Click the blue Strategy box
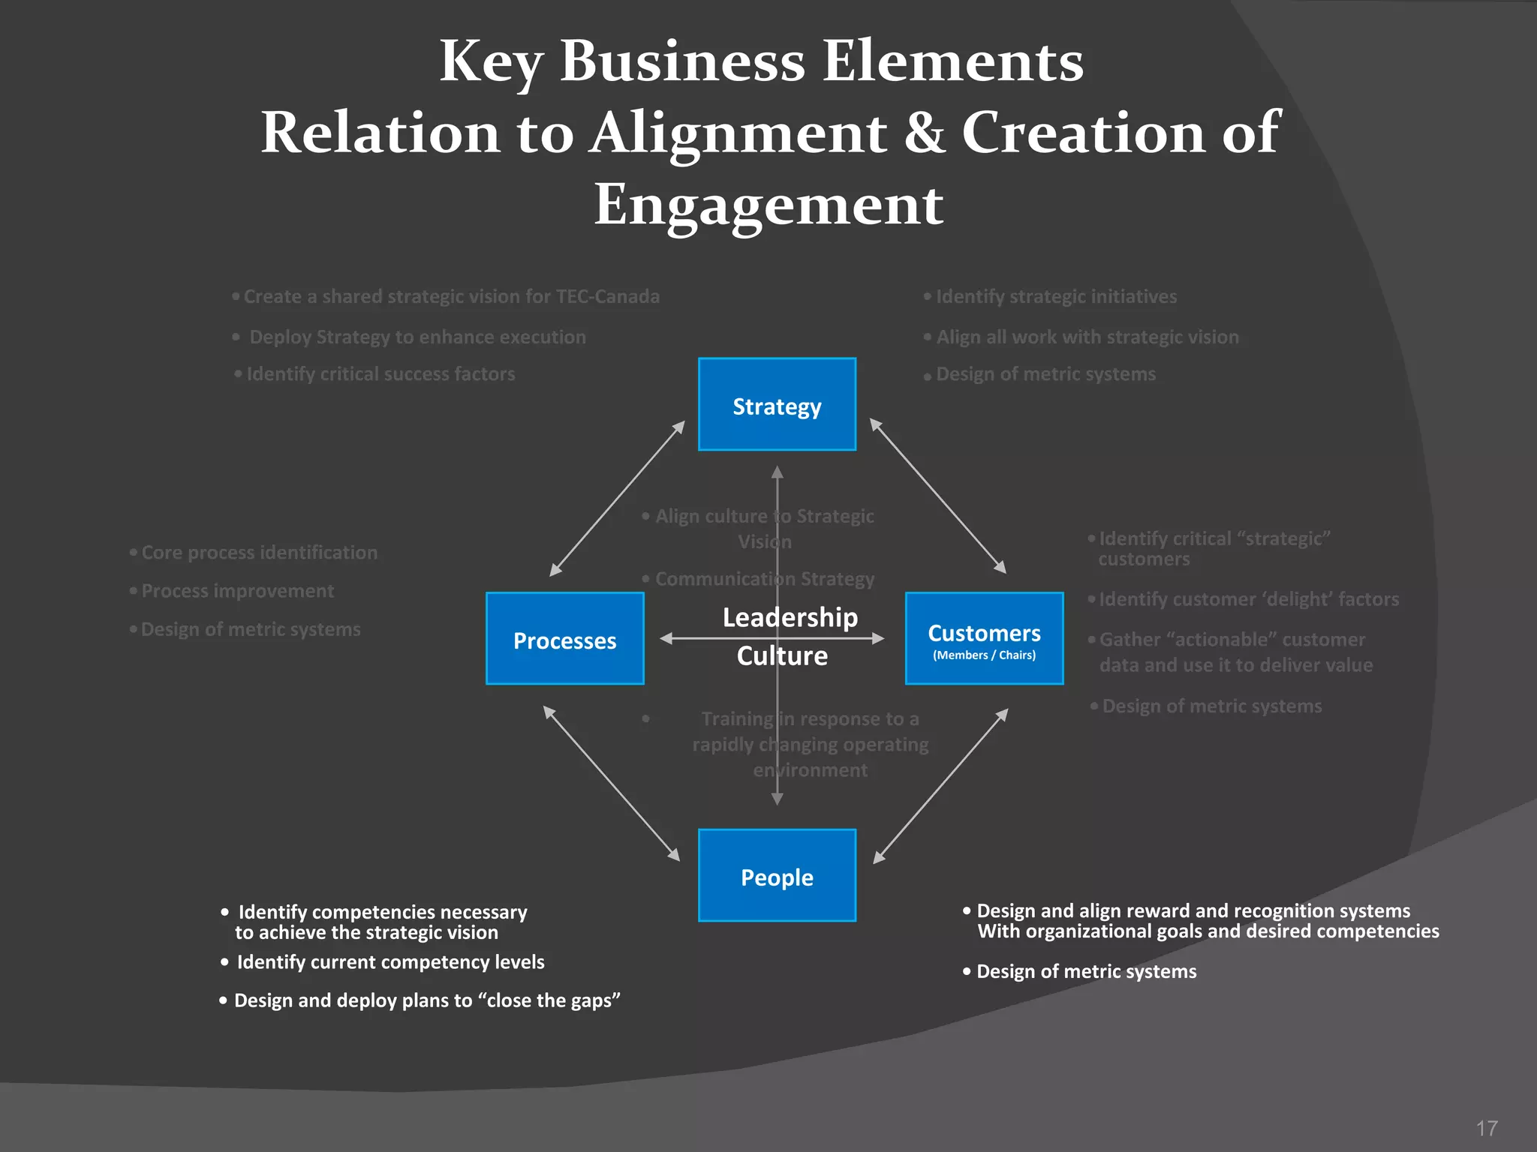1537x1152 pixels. tap(777, 405)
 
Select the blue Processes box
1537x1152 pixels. tap(564, 640)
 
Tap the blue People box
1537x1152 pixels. tap(777, 876)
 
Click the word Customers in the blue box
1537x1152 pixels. tap(984, 633)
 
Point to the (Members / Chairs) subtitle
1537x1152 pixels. tap(984, 655)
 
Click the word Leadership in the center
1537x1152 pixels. tap(790, 617)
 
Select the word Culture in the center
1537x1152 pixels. tap(782, 655)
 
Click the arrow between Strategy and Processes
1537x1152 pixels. tap(617, 498)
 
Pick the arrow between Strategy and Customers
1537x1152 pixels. tap(937, 496)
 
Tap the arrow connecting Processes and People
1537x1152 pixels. tap(611, 783)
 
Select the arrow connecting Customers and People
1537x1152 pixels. tap(940, 786)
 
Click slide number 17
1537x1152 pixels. tap(1487, 1128)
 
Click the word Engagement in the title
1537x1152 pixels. tap(768, 204)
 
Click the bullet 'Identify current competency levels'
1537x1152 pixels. tap(390, 962)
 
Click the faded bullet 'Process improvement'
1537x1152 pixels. tap(237, 591)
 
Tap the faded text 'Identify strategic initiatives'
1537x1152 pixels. tap(1056, 296)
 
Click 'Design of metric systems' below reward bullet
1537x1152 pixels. tap(1086, 971)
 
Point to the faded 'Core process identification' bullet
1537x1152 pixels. tap(259, 553)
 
